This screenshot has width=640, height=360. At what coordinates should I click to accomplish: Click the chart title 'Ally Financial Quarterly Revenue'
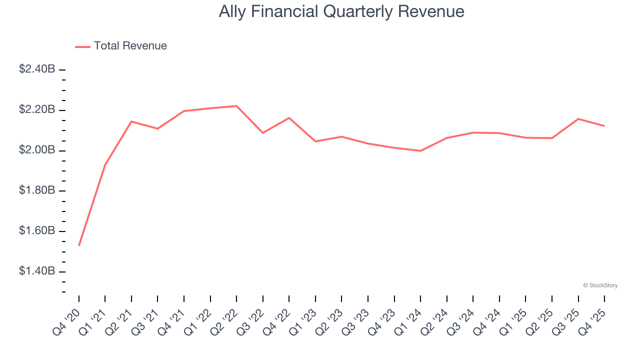tap(341, 11)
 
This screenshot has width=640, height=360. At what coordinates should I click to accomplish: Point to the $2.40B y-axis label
tap(36, 69)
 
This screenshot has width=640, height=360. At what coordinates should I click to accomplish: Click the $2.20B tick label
tap(36, 109)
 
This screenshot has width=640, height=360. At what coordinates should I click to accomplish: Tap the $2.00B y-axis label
tap(36, 150)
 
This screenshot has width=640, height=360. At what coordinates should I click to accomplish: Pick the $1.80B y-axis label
tap(36, 190)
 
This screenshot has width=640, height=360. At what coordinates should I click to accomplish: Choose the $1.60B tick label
tap(36, 231)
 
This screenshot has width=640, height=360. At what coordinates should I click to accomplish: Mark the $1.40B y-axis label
tap(36, 271)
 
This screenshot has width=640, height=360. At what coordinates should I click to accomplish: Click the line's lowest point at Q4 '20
tap(79, 245)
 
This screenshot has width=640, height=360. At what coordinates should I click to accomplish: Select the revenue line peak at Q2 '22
tap(236, 106)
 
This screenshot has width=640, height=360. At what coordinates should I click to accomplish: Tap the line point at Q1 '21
tap(105, 165)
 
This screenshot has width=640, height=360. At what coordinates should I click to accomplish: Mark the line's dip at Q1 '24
tap(420, 151)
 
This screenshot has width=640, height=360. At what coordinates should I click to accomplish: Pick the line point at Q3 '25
tap(578, 119)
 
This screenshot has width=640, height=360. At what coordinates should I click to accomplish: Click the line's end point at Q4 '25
tap(604, 126)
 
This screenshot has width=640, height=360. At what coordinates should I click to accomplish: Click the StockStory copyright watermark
tap(600, 285)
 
